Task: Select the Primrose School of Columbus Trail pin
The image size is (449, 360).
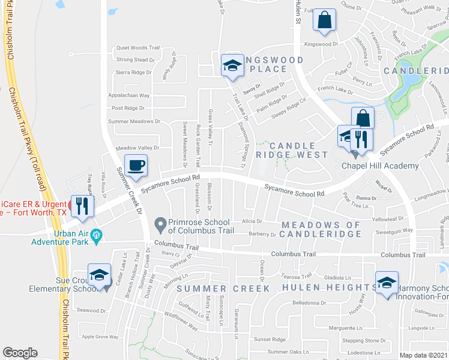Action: click(160, 225)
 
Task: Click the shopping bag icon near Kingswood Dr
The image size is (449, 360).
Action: click(324, 20)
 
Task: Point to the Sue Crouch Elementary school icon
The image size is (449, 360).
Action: click(99, 275)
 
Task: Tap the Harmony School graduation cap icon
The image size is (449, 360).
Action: click(387, 283)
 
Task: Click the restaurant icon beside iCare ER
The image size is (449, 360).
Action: click(82, 206)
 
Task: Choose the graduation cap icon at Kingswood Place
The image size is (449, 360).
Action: click(232, 66)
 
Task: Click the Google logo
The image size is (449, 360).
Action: click(20, 353)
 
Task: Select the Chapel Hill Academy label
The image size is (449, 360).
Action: click(379, 166)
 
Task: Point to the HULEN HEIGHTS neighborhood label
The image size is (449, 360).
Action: click(314, 288)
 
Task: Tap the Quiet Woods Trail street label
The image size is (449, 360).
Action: click(137, 48)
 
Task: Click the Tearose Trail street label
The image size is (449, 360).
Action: click(298, 276)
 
